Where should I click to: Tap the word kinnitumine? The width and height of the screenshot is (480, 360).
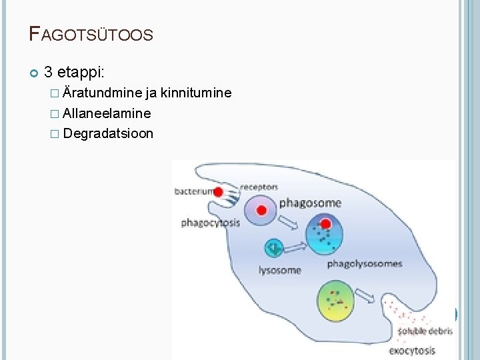[200, 93]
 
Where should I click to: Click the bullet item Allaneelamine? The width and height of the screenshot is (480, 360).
[107, 113]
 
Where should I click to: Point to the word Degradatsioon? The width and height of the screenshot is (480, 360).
[108, 133]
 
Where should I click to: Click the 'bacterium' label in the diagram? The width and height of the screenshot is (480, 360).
[193, 191]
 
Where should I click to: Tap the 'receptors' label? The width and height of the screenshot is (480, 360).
[259, 187]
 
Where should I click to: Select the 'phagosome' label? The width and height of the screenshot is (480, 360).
[310, 203]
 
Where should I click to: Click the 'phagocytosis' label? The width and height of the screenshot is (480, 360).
[210, 223]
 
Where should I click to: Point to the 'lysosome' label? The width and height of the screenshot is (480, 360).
[280, 270]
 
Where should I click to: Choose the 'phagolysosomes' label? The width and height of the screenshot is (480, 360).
[365, 263]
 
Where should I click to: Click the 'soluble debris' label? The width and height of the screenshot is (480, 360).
[425, 331]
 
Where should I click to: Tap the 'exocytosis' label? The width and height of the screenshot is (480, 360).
[412, 350]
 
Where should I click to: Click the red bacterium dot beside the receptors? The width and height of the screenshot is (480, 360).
[218, 192]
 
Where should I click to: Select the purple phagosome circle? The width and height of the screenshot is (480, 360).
[261, 210]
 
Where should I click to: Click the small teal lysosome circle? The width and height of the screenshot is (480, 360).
[273, 248]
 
